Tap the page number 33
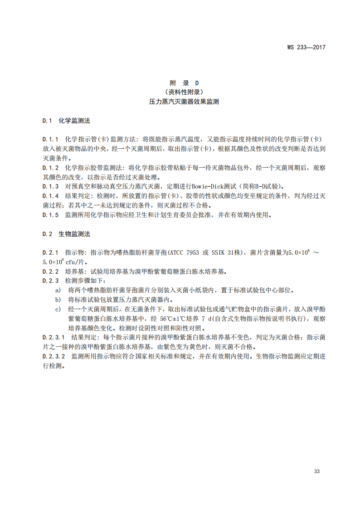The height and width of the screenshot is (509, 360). pyautogui.click(x=317, y=471)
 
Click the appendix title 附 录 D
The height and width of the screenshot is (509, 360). pyautogui.click(x=184, y=83)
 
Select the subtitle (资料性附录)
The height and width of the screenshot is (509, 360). pyautogui.click(x=184, y=92)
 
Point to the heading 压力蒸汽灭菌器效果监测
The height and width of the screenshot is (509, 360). pyautogui.click(x=184, y=102)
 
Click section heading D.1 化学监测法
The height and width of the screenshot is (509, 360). pyautogui.click(x=66, y=121)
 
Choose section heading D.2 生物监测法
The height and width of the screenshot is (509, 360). pyautogui.click(x=66, y=234)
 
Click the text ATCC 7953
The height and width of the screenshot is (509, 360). pyautogui.click(x=185, y=252)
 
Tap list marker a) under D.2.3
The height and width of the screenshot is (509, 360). pyautogui.click(x=58, y=290)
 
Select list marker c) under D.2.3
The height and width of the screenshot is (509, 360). pyautogui.click(x=58, y=309)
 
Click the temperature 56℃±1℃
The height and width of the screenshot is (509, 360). pyautogui.click(x=180, y=319)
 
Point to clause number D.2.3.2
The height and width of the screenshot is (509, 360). pyautogui.click(x=54, y=357)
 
